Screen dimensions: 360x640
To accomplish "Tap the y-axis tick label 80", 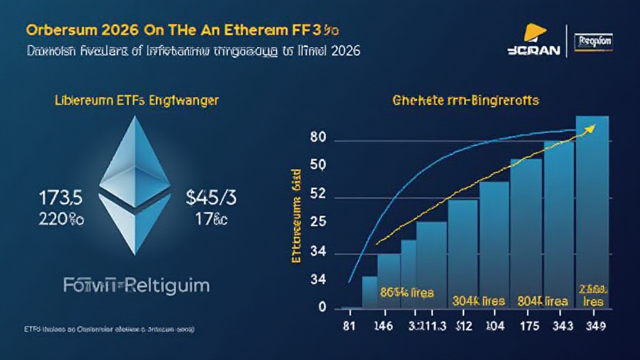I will pos(317,139).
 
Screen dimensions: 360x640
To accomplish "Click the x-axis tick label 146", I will pos(382,325).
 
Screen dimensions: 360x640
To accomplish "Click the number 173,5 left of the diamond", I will pos(61,198).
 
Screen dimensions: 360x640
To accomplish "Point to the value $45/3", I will pos(212,198).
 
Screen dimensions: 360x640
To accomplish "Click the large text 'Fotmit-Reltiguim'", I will pos(136,286).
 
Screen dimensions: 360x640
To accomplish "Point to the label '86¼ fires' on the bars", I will pos(406,291).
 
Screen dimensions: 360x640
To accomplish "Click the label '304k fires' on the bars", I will pos(478,301).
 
